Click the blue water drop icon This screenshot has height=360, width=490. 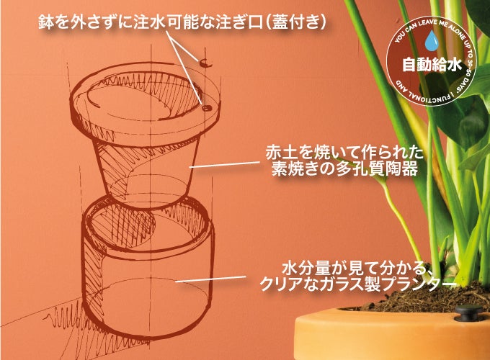(x=432, y=40)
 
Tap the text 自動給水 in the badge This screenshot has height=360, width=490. (x=432, y=65)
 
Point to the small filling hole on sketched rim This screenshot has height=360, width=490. (x=206, y=108)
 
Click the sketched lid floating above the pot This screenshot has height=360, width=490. (x=205, y=63)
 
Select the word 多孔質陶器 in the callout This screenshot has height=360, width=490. (x=377, y=169)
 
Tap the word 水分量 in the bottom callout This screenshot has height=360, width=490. (x=301, y=269)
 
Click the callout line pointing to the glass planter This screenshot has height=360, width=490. (x=211, y=279)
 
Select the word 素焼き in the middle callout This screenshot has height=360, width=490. (x=294, y=169)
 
